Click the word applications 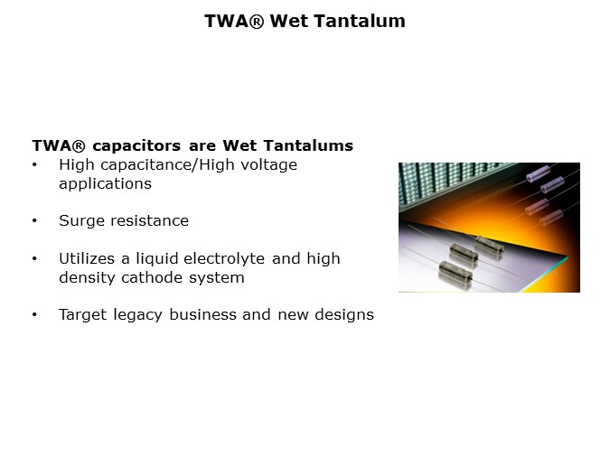click(105, 183)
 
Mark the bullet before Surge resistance click(34, 221)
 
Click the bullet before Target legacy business click(34, 315)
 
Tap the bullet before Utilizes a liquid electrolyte click(34, 259)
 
